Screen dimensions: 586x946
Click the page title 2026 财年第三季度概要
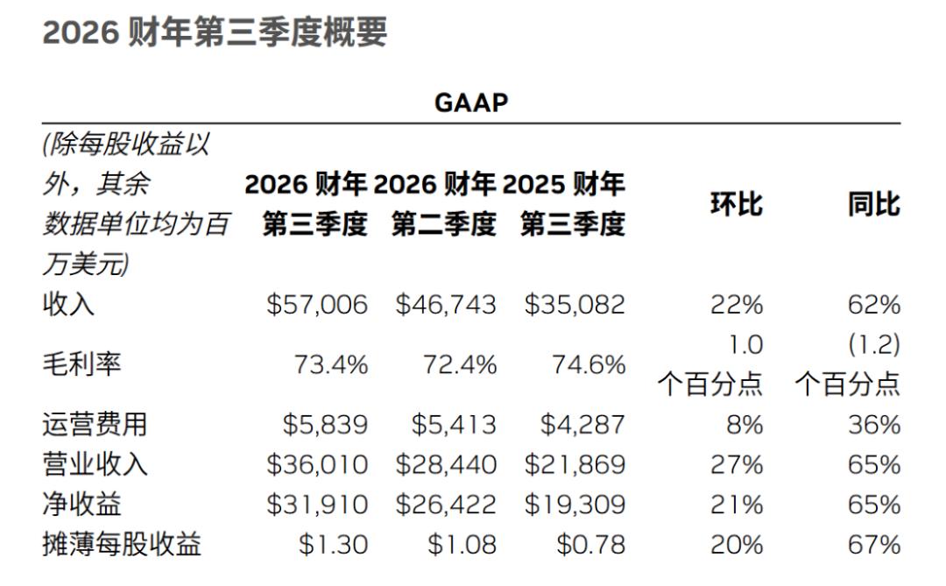(215, 33)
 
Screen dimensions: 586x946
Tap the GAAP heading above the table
(471, 102)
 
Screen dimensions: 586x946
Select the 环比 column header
(736, 204)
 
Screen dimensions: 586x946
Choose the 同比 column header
(873, 204)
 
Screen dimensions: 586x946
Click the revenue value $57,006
(317, 305)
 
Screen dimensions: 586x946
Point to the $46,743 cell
(446, 305)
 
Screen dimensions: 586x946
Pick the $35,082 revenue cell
(575, 305)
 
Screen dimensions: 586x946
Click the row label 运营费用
(95, 425)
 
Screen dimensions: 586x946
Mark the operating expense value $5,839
(325, 425)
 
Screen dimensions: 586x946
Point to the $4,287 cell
(582, 425)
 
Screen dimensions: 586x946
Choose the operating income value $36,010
(317, 464)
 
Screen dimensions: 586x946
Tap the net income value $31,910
(317, 505)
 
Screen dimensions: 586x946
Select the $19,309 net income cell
(575, 505)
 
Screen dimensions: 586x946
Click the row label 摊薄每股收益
(122, 545)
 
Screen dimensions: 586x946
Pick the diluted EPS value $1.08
(462, 545)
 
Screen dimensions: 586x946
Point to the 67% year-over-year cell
(874, 545)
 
